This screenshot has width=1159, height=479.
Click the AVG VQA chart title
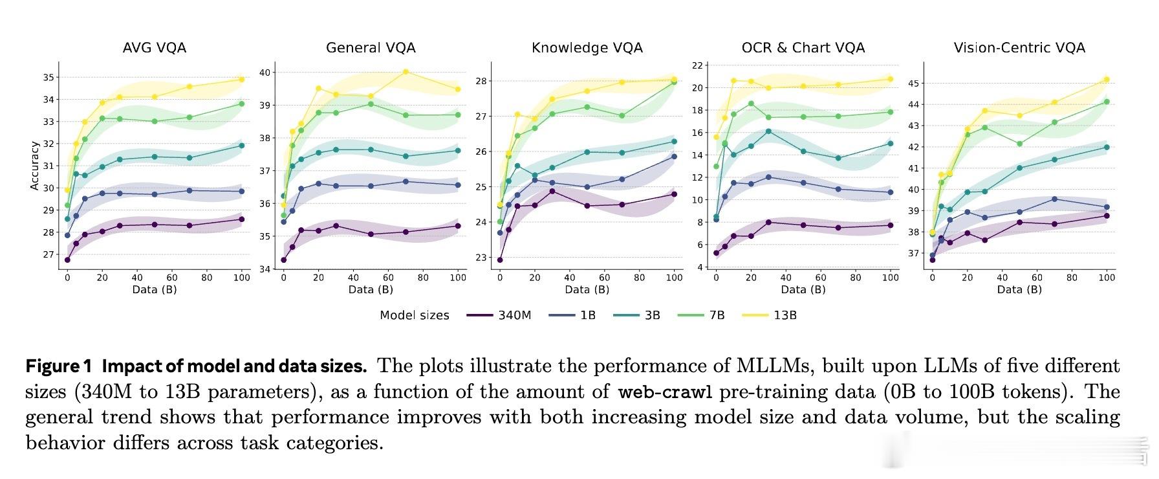tap(155, 48)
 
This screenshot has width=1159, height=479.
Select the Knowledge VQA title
tap(587, 48)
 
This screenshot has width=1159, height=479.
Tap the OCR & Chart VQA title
tap(803, 48)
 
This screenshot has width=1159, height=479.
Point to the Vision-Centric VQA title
tap(1019, 48)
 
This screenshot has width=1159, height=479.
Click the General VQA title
tap(371, 48)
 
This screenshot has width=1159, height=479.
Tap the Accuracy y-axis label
tap(35, 166)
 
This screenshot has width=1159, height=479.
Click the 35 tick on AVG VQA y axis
tap(49, 78)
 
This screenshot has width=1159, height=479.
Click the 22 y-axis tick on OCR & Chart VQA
tap(697, 65)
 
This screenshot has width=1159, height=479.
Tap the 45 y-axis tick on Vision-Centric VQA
tap(913, 84)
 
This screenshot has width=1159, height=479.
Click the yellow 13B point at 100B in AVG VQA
tap(242, 80)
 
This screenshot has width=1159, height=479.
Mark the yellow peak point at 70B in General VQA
tap(406, 72)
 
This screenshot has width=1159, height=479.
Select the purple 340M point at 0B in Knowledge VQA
tap(500, 260)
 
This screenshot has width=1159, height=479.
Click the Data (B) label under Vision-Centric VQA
tap(1019, 289)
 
